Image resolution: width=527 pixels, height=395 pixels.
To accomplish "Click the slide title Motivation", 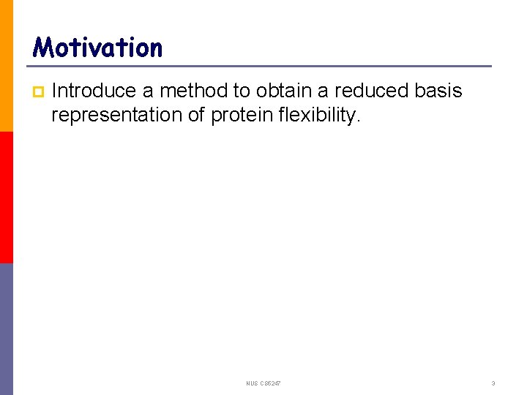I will (98, 48).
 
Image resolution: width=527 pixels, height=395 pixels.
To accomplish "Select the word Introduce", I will (94, 91).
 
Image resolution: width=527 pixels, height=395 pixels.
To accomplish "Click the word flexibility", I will (315, 115).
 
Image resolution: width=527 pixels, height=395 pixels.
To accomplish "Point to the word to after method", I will (242, 91).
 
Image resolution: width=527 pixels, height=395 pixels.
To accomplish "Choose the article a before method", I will (148, 91).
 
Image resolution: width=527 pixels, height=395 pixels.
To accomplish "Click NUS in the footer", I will (253, 383).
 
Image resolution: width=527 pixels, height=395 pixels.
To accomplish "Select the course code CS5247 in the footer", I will (270, 383).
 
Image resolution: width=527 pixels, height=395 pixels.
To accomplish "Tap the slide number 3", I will (493, 383).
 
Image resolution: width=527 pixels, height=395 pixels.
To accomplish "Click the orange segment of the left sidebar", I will (7, 66).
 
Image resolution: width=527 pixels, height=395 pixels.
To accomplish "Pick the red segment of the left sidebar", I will (7, 197).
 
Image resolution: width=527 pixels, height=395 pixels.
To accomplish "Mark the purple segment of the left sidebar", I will (7, 329).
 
